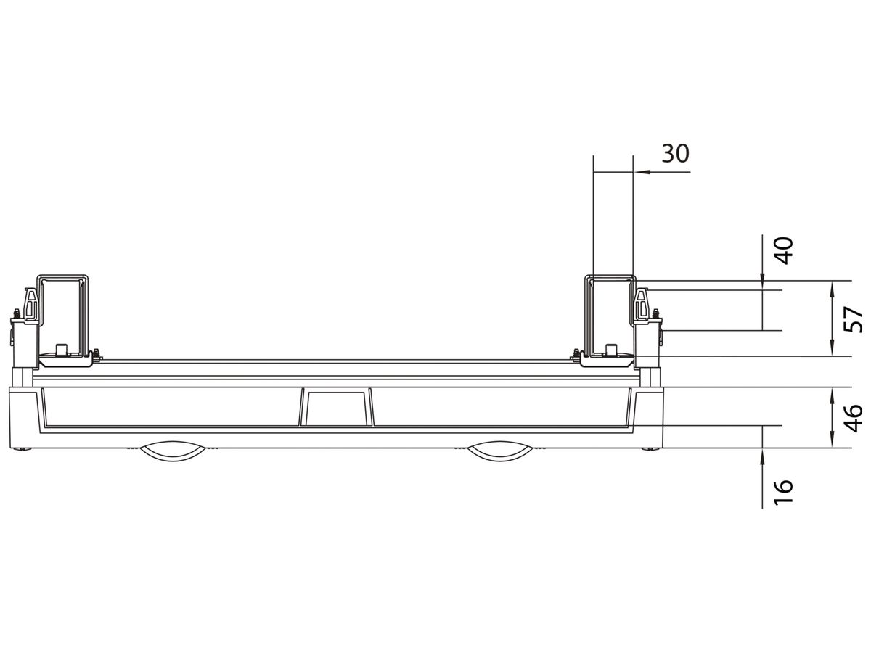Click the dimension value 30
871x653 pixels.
pos(675,154)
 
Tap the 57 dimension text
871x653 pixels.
pos(854,319)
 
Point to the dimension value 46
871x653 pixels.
pos(854,418)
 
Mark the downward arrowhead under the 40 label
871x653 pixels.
pos(763,276)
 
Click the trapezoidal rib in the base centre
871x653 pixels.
pos(335,408)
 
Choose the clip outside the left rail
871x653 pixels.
pos(28,305)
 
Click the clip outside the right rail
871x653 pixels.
pos(642,305)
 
